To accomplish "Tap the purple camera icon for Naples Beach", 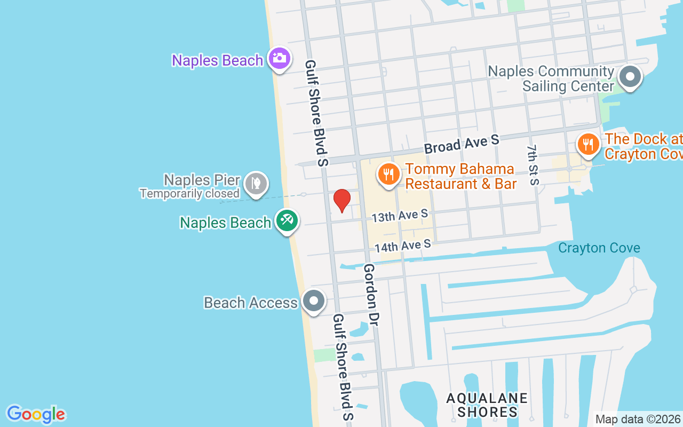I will tap(280, 58).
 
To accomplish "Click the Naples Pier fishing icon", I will tap(256, 183).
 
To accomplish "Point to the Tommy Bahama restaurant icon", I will tap(390, 174).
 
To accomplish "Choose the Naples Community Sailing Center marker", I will tap(630, 77).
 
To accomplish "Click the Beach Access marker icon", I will tap(314, 301).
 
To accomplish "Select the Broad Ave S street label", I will tap(462, 143).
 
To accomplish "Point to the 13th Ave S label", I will tap(400, 216).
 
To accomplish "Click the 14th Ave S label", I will tap(402, 246).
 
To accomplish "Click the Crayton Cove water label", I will tap(599, 248).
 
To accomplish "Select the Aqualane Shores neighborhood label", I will tap(487, 405).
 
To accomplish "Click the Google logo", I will tap(36, 414).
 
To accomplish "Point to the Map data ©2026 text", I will tap(638, 420).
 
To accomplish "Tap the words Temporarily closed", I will tap(189, 193).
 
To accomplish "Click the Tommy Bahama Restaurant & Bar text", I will tap(460, 177).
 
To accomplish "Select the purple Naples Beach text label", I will tap(217, 60).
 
